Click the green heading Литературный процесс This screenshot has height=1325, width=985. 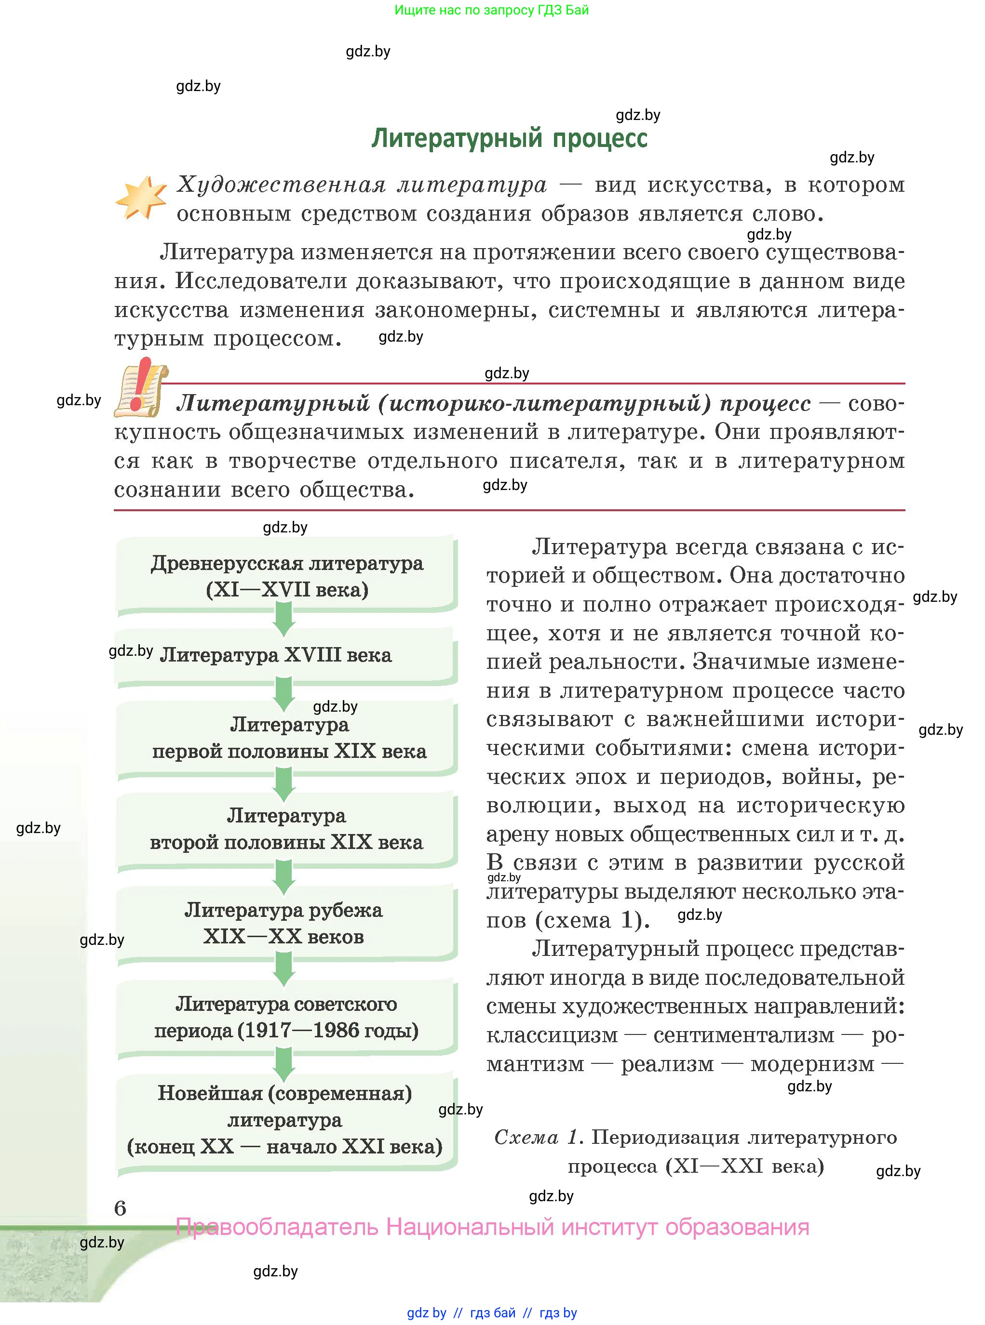509,138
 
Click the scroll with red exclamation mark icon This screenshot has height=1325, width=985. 141,388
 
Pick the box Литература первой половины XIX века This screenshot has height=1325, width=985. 289,738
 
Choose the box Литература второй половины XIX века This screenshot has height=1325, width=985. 286,829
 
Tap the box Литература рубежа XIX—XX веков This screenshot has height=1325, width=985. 284,923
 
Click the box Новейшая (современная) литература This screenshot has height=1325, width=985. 285,1120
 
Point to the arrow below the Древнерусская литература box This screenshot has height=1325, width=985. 284,619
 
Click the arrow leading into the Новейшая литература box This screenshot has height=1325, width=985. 284,1064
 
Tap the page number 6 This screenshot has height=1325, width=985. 120,1208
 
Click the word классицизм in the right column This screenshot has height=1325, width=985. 552,1035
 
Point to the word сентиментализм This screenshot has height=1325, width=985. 743,1035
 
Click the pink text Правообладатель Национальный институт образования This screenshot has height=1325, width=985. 493,1227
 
